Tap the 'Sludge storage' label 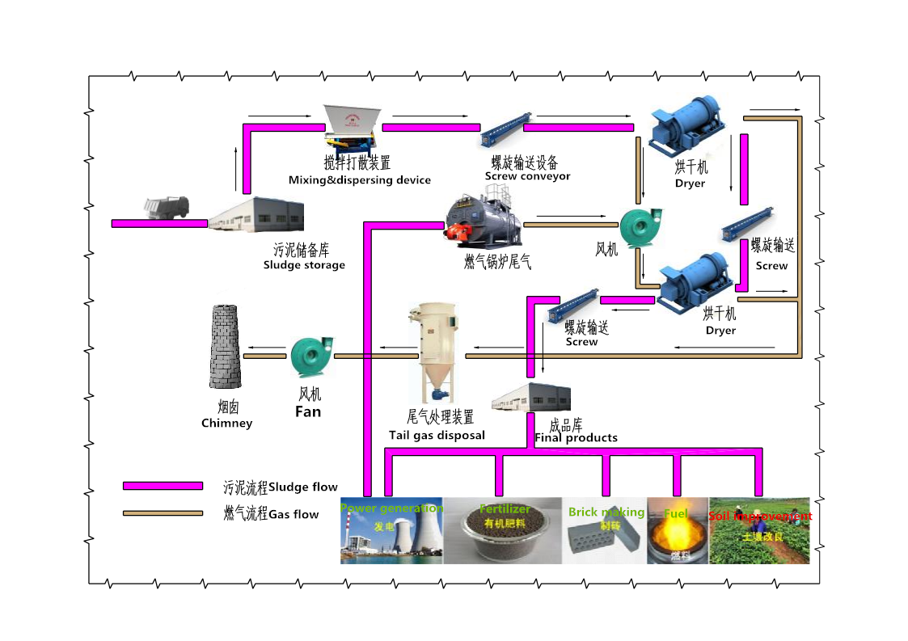pos(304,265)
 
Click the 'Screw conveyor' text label pos(527,176)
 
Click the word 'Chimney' pos(226,423)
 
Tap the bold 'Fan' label pos(308,411)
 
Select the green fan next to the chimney pos(311,356)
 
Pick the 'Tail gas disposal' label pos(437,435)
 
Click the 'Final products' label pos(576,438)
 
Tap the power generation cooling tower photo pos(391,531)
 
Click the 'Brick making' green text pos(606,512)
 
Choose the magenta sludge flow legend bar pos(163,486)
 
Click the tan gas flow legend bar pos(163,512)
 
